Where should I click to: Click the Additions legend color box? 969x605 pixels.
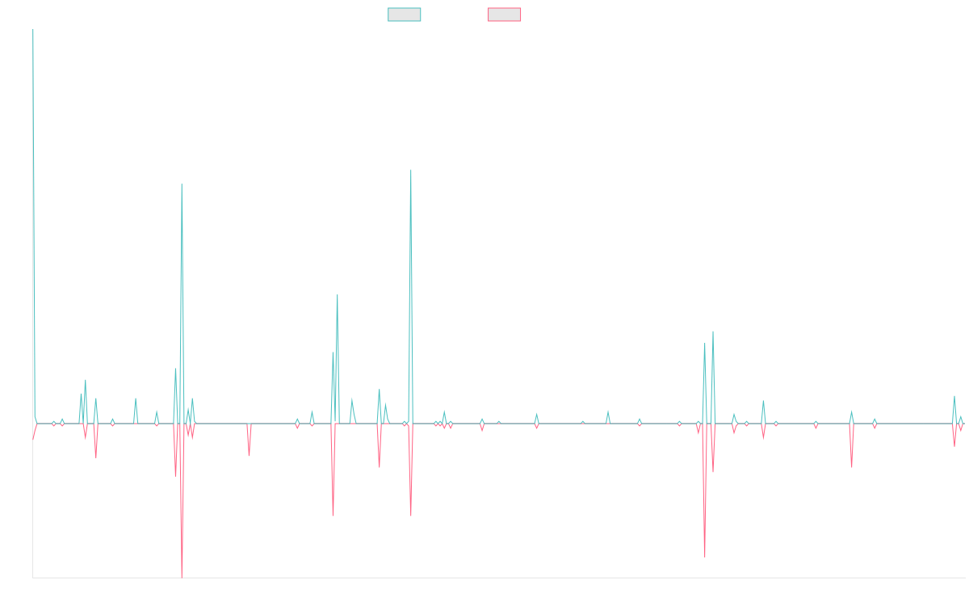point(405,15)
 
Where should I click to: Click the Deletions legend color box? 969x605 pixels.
point(505,15)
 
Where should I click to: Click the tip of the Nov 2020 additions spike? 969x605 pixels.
point(411,170)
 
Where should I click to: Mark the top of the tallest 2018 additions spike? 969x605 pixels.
point(182,184)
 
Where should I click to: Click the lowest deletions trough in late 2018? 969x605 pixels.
point(182,577)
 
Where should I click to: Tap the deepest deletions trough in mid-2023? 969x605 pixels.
point(705,557)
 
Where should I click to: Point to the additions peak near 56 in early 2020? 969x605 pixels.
point(338,294)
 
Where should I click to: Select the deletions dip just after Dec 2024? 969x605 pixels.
point(852,466)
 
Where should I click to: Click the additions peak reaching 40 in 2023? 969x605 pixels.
point(713,332)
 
